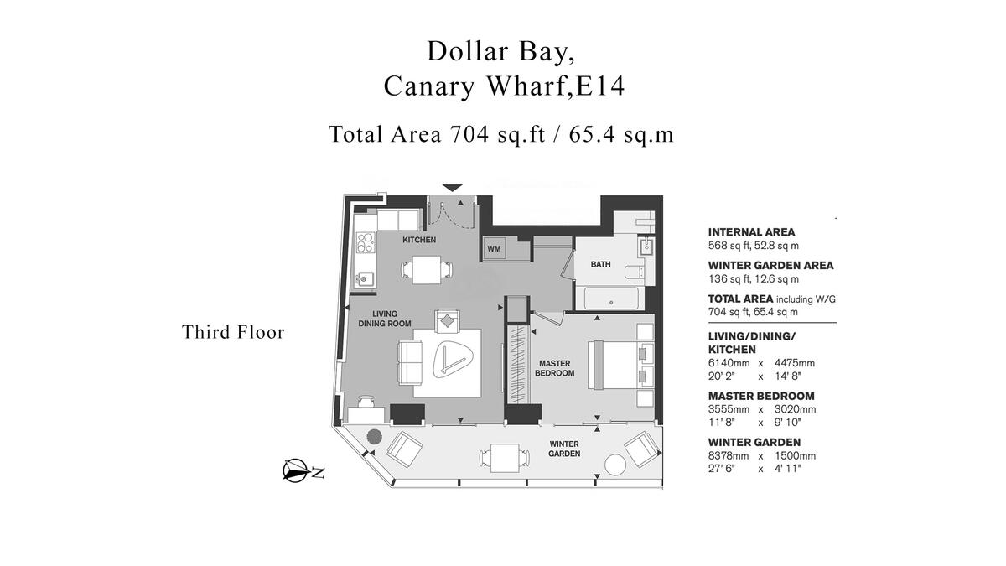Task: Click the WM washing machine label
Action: (494, 249)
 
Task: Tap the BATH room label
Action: (600, 265)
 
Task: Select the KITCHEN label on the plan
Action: (419, 241)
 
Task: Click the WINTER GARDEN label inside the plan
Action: (564, 449)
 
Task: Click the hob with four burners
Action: (365, 243)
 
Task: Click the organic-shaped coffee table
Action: (454, 361)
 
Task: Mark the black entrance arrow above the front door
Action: (453, 187)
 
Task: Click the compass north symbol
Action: (295, 472)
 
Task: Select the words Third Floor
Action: (233, 332)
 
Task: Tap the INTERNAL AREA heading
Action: (751, 232)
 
